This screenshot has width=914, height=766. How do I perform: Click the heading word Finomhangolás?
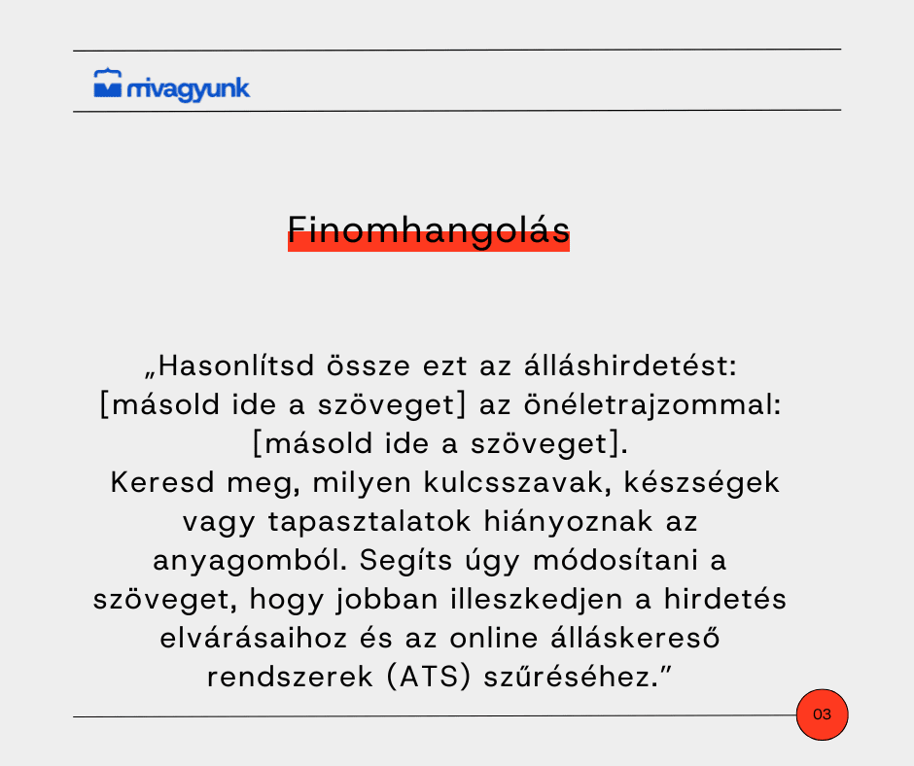(429, 230)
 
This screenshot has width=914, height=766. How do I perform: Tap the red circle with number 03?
(822, 714)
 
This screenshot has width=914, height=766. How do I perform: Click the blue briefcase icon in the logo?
(108, 84)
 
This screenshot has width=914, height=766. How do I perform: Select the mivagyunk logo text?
(189, 89)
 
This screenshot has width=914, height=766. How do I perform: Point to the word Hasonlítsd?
(236, 366)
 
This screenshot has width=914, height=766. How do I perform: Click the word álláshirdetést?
(630, 366)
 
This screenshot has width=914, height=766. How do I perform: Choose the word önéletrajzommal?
(652, 405)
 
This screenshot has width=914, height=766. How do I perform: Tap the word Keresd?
(162, 483)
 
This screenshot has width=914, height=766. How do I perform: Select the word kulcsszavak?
(517, 483)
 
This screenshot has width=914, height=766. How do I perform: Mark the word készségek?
(702, 483)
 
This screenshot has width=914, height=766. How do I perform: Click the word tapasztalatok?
(369, 522)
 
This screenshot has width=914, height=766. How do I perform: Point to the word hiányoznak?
(569, 522)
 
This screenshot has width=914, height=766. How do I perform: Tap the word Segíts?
(405, 561)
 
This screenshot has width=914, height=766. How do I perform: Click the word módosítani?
(615, 561)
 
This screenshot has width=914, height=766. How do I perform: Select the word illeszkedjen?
(537, 600)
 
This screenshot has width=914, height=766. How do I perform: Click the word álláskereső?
(635, 639)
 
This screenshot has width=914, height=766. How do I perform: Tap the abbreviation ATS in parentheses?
(429, 678)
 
